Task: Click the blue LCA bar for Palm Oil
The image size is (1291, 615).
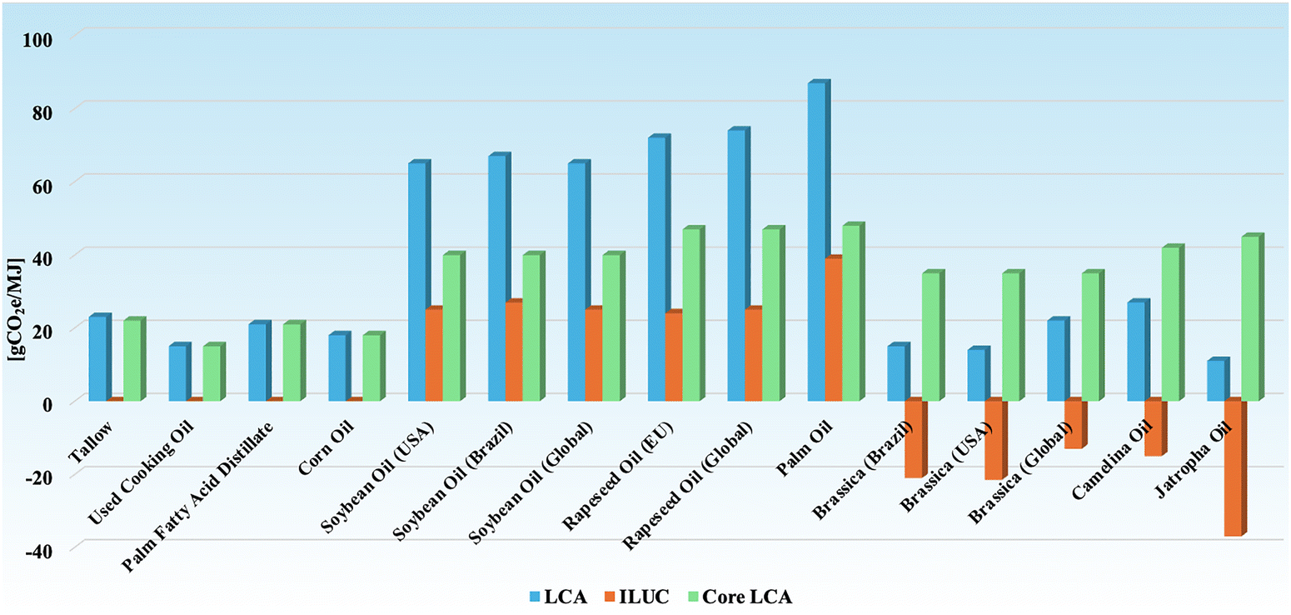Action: (x=816, y=242)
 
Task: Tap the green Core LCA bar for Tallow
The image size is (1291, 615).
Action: (x=132, y=360)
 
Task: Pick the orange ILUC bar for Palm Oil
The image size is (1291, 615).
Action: (x=833, y=329)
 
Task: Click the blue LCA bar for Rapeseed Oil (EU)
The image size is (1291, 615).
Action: (x=656, y=268)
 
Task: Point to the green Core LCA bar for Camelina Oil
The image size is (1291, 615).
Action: (x=1170, y=324)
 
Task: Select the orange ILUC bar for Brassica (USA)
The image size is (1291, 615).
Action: (x=994, y=440)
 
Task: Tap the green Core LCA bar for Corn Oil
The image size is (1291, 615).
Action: (x=371, y=367)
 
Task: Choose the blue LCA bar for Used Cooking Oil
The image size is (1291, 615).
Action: (x=177, y=373)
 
